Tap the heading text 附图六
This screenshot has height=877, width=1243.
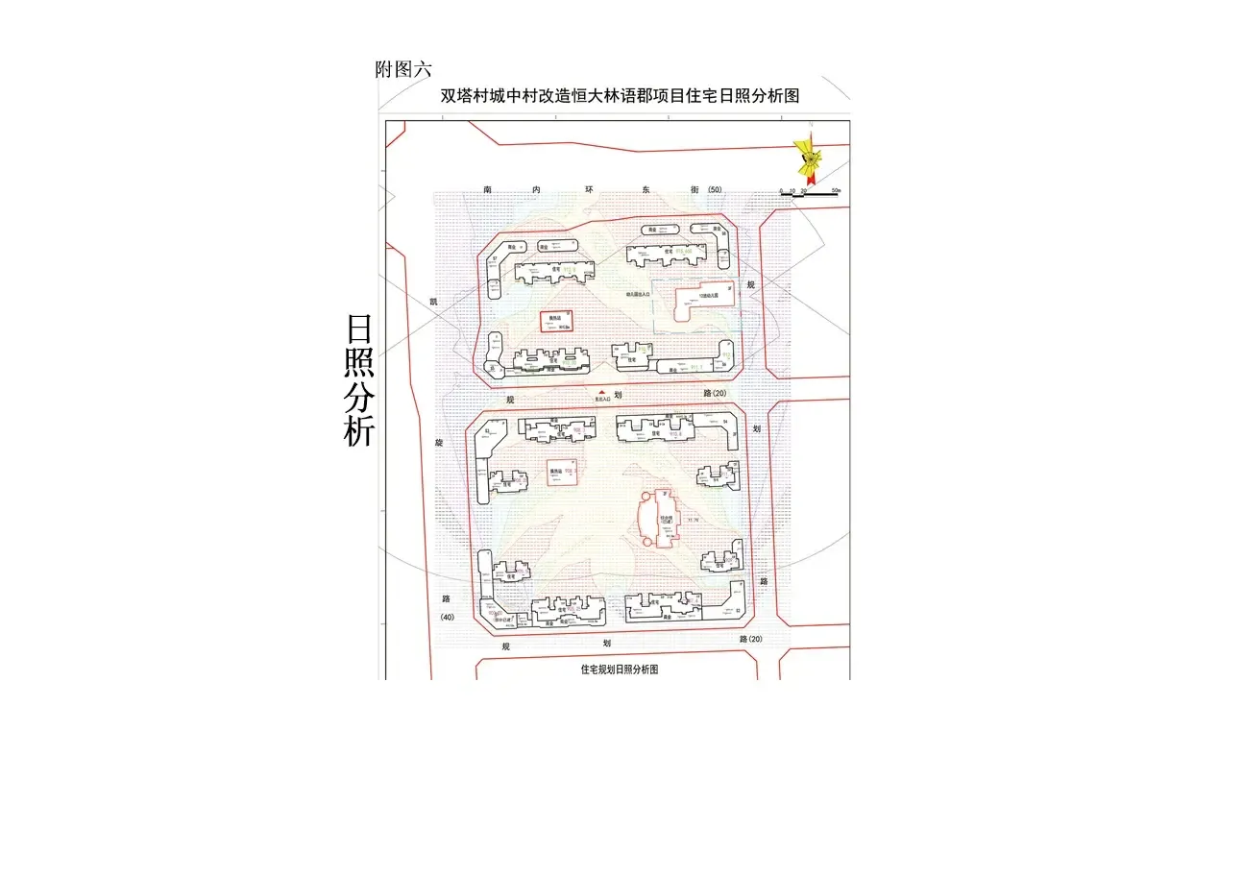[403, 69]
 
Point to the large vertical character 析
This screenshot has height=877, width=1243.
[359, 429]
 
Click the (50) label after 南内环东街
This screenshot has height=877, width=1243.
[714, 190]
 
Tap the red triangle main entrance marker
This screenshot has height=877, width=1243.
[602, 392]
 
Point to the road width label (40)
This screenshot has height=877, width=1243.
[447, 617]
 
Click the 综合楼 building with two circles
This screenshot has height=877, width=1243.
[663, 519]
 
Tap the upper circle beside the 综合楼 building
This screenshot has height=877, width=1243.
[647, 496]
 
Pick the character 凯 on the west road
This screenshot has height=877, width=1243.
[433, 302]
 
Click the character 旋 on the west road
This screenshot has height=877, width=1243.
[439, 443]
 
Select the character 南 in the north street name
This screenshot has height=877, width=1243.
[488, 190]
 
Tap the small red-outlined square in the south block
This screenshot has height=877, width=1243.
[555, 472]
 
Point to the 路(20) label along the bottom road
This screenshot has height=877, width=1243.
[750, 639]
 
